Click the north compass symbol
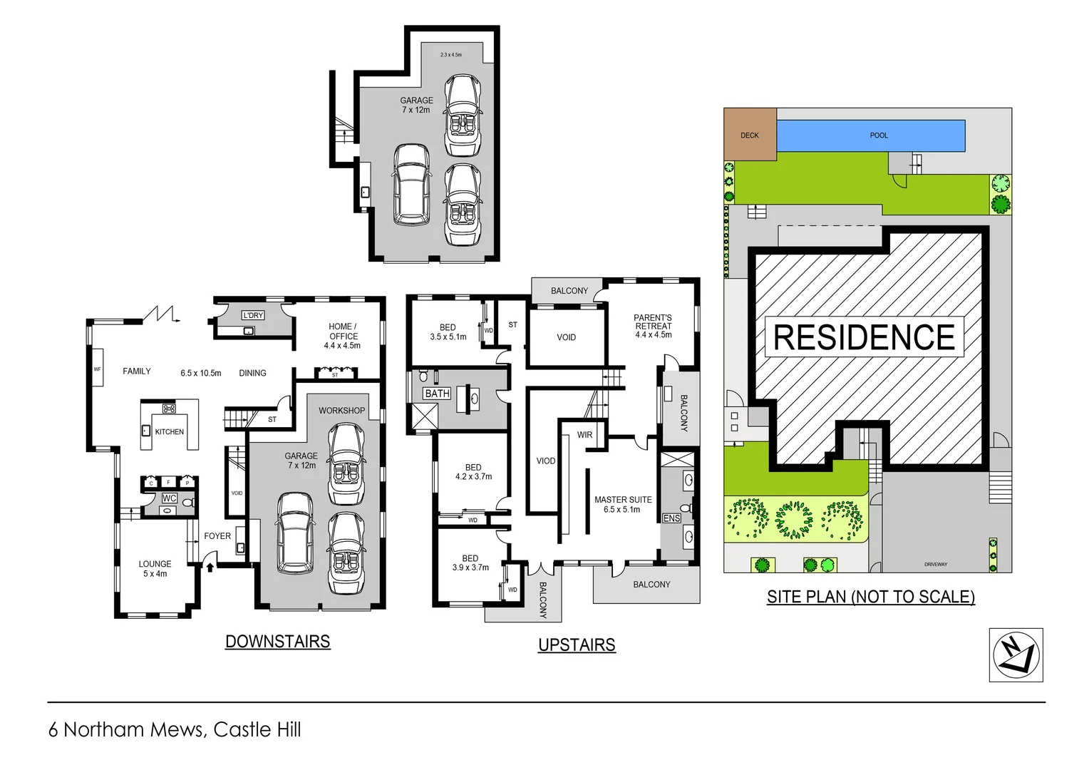tap(1016, 654)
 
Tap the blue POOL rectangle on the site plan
tap(870, 135)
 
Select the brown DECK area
tap(750, 135)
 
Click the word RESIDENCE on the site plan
tap(864, 337)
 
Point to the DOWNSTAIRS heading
tap(277, 642)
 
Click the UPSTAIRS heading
tap(577, 645)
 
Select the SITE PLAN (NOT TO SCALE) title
tap(870, 597)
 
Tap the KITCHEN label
tap(170, 432)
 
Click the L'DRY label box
tap(253, 315)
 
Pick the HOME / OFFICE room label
tap(343, 336)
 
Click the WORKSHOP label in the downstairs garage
tap(341, 411)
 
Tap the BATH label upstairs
tap(437, 394)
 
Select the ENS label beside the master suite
tap(671, 518)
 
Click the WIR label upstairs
tap(584, 435)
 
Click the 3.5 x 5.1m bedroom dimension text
tap(448, 337)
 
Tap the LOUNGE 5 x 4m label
tap(155, 568)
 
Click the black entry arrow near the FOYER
tap(210, 567)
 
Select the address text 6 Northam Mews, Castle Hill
tap(175, 729)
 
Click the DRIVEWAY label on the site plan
tap(936, 564)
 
